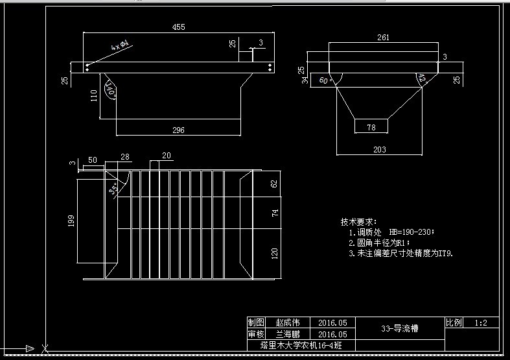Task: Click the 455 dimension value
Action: tap(178, 27)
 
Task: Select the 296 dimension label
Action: tap(178, 130)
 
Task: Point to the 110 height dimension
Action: tap(94, 96)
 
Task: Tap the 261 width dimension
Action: tap(383, 38)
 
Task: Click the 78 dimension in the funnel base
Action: tap(371, 128)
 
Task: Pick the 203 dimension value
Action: tap(380, 150)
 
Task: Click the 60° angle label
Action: tap(324, 81)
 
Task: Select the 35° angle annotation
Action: tap(114, 190)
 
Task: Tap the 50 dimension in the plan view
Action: tap(92, 160)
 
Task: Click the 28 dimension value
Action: tap(124, 157)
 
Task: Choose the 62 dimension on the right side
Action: tap(273, 184)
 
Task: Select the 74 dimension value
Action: tap(273, 213)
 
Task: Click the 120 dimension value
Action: tap(273, 253)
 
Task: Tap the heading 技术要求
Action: tap(358, 222)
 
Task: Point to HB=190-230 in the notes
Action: tap(411, 232)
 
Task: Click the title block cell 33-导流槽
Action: tap(400, 328)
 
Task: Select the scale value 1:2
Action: tap(481, 322)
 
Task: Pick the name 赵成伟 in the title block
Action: tap(288, 322)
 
